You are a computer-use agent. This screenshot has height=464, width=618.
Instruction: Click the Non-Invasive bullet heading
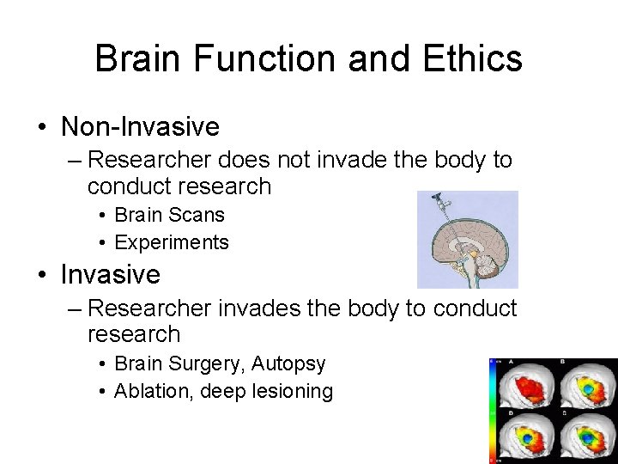(140, 127)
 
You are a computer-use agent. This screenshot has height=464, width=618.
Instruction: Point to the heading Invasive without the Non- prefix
(110, 275)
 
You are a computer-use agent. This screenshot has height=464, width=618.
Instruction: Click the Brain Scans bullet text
(169, 215)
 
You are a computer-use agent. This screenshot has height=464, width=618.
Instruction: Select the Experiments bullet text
(172, 242)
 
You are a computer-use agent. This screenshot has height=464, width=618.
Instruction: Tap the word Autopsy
(290, 363)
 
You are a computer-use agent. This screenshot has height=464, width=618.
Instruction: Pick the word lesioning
(295, 391)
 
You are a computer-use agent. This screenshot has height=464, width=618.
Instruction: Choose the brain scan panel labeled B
(588, 385)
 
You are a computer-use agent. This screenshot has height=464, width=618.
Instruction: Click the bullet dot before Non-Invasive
(42, 128)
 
